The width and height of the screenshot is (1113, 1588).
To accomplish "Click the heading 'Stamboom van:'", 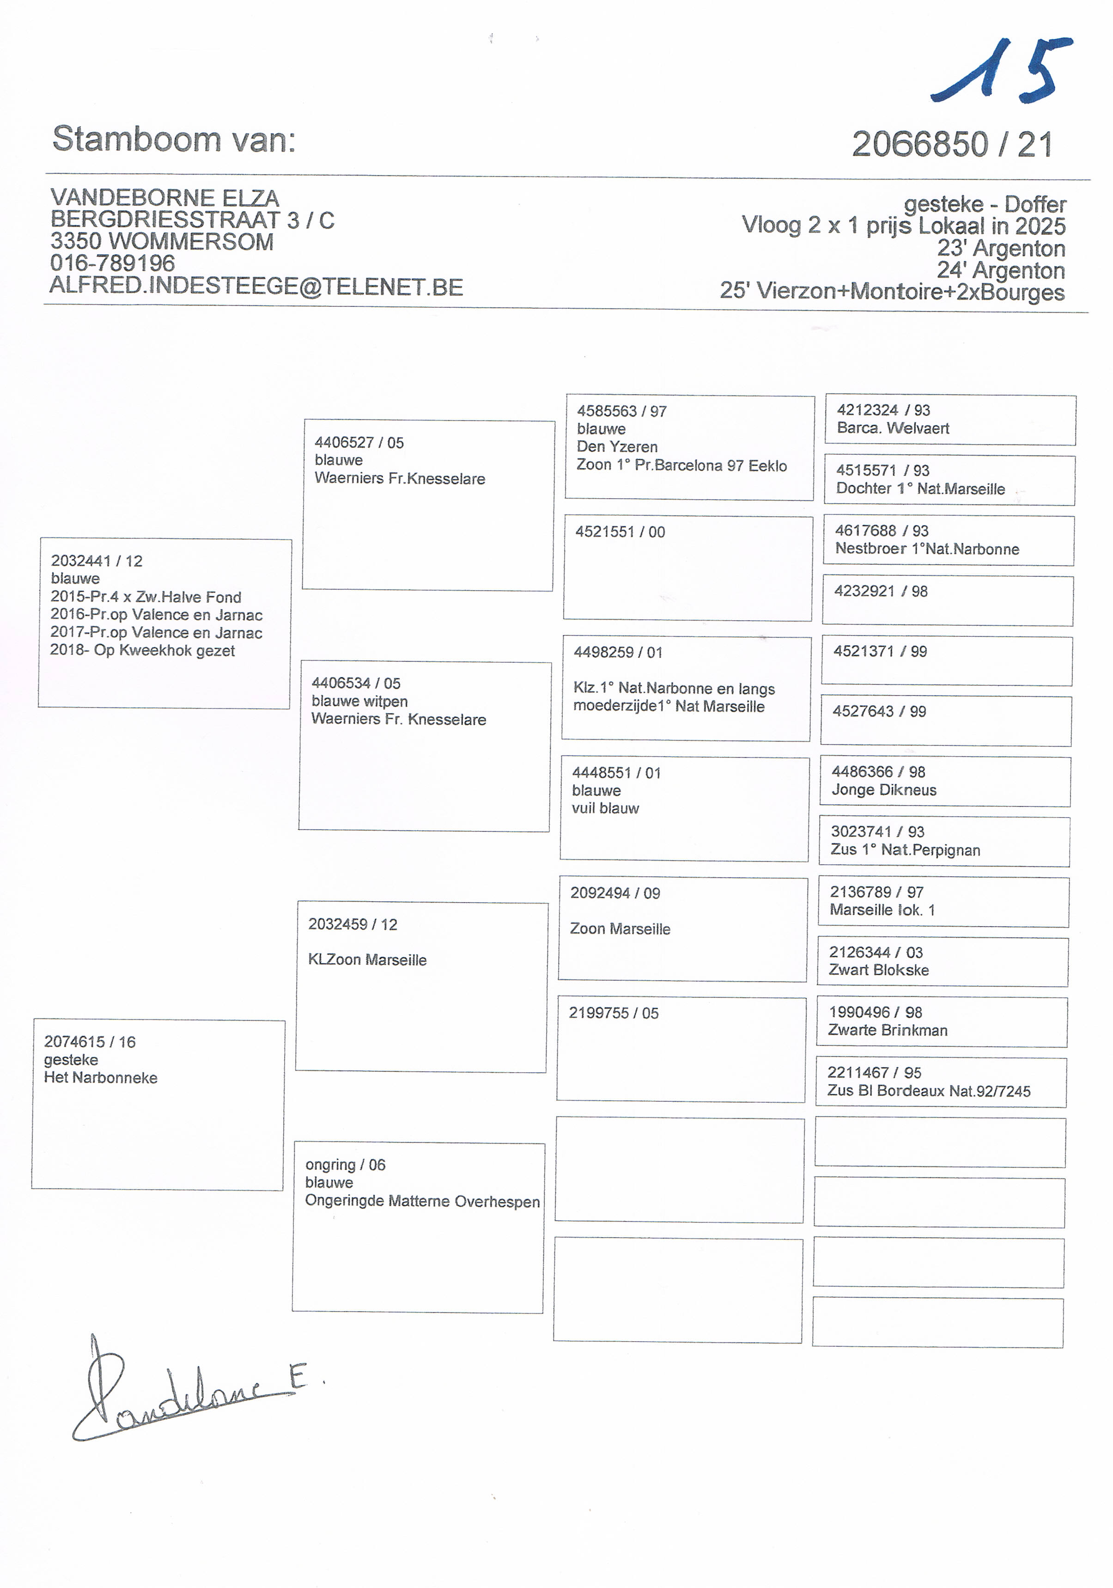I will [x=174, y=140].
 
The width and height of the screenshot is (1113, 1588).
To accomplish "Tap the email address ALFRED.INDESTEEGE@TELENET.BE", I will [x=256, y=287].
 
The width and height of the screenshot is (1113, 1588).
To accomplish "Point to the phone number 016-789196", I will [x=113, y=263].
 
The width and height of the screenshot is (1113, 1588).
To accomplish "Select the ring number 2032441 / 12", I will [x=96, y=561].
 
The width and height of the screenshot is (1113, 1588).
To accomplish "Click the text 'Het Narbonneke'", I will [x=100, y=1078].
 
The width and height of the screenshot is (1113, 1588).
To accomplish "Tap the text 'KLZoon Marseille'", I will [x=367, y=960].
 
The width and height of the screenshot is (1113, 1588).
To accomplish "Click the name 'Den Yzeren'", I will [x=617, y=447].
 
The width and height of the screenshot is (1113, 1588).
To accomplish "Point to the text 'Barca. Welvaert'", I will [x=893, y=428].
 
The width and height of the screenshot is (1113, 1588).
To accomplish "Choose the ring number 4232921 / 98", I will [x=880, y=592].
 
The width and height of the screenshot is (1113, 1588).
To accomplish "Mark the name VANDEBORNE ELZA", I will [x=164, y=198].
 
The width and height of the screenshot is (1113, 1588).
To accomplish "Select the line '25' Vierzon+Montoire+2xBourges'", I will [x=892, y=291].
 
